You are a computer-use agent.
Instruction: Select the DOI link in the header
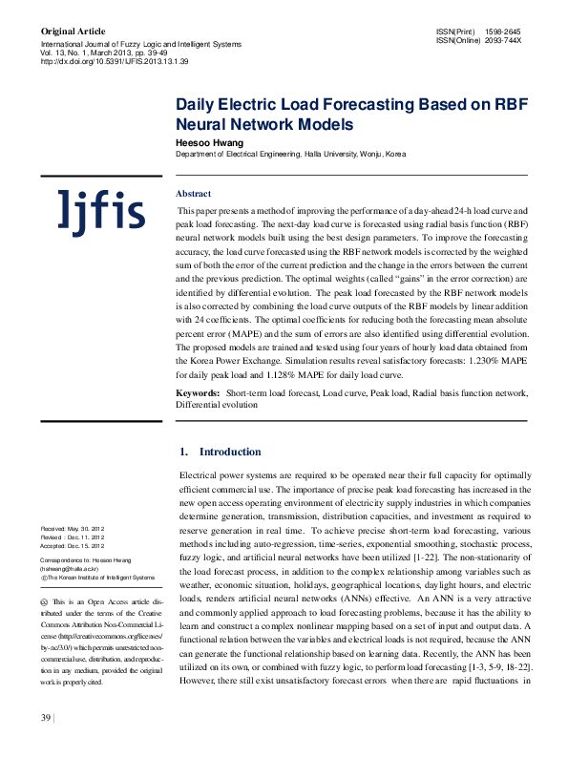tap(114, 61)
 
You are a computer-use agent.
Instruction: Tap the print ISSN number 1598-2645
tap(503, 32)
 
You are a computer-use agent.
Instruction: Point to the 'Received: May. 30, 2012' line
tap(73, 528)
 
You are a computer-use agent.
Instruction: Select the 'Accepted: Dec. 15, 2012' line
tap(73, 545)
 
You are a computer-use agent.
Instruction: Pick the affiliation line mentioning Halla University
tap(290, 154)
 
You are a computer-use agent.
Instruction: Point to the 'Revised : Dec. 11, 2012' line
tap(72, 537)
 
